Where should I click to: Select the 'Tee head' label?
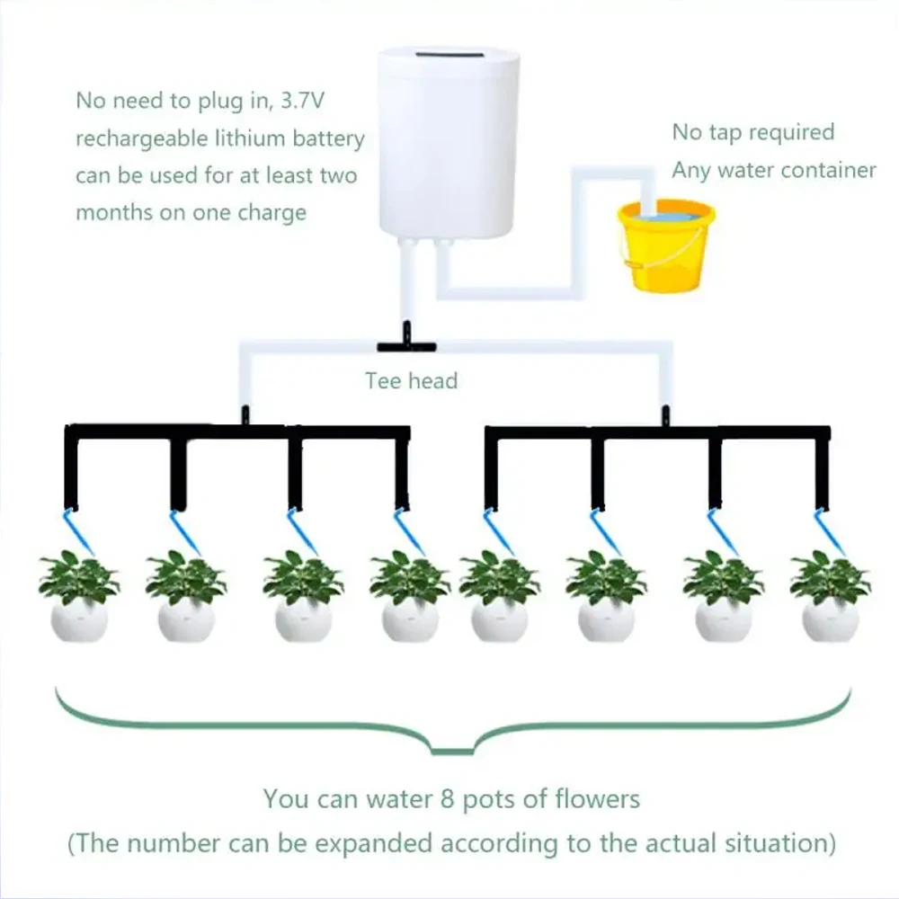pos(411,380)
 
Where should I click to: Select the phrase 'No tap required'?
pos(753,132)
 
